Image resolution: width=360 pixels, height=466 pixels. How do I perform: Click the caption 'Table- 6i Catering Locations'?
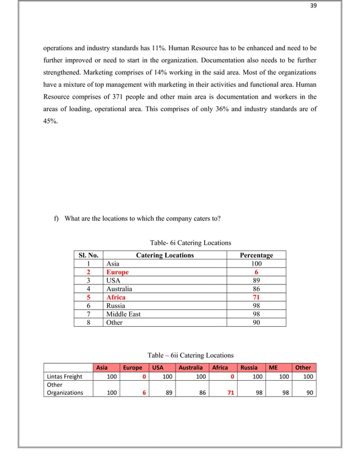pyautogui.click(x=190, y=243)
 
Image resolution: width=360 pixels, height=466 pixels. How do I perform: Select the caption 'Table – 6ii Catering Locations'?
pyautogui.click(x=190, y=355)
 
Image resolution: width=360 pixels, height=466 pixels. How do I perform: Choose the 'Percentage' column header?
pyautogui.click(x=256, y=256)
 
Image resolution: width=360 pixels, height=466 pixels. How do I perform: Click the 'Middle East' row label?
pyautogui.click(x=123, y=314)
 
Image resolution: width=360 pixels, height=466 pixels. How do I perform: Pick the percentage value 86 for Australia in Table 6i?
pyautogui.click(x=256, y=288)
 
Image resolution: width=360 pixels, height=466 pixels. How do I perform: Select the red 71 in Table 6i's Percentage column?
pyautogui.click(x=256, y=297)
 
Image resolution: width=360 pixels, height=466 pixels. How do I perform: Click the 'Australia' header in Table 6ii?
pyautogui.click(x=191, y=367)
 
